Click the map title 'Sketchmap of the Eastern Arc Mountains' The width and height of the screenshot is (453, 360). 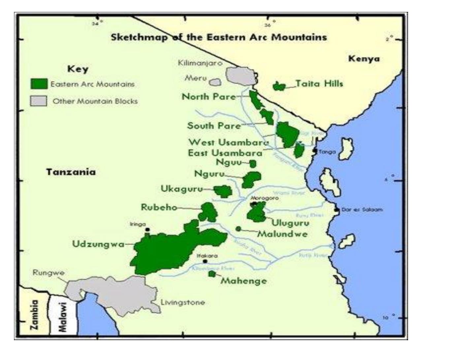point(219,37)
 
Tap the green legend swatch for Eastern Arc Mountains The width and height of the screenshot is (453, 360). point(39,84)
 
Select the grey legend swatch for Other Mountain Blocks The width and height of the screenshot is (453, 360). point(39,101)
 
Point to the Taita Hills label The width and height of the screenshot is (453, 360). point(319,83)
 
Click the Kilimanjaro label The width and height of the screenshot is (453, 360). point(200,63)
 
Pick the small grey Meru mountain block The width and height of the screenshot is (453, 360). point(215,82)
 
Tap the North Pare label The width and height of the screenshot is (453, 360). point(209,97)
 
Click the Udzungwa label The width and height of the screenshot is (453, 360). point(98,244)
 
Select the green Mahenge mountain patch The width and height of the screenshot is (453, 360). point(212,274)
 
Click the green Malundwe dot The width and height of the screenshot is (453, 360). point(238,229)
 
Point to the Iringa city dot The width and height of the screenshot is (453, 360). point(147,229)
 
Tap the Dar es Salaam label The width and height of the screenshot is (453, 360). point(362,210)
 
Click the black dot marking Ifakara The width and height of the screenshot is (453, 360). point(205,261)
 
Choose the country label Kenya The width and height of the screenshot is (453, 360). point(364,59)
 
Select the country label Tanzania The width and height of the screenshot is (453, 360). point(71,172)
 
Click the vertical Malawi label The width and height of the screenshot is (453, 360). point(62,317)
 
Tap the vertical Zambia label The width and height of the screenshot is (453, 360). point(34,315)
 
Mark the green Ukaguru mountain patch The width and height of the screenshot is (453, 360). point(223,191)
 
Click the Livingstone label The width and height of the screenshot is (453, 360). point(182,302)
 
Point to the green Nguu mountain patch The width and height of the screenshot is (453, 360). point(253,164)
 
